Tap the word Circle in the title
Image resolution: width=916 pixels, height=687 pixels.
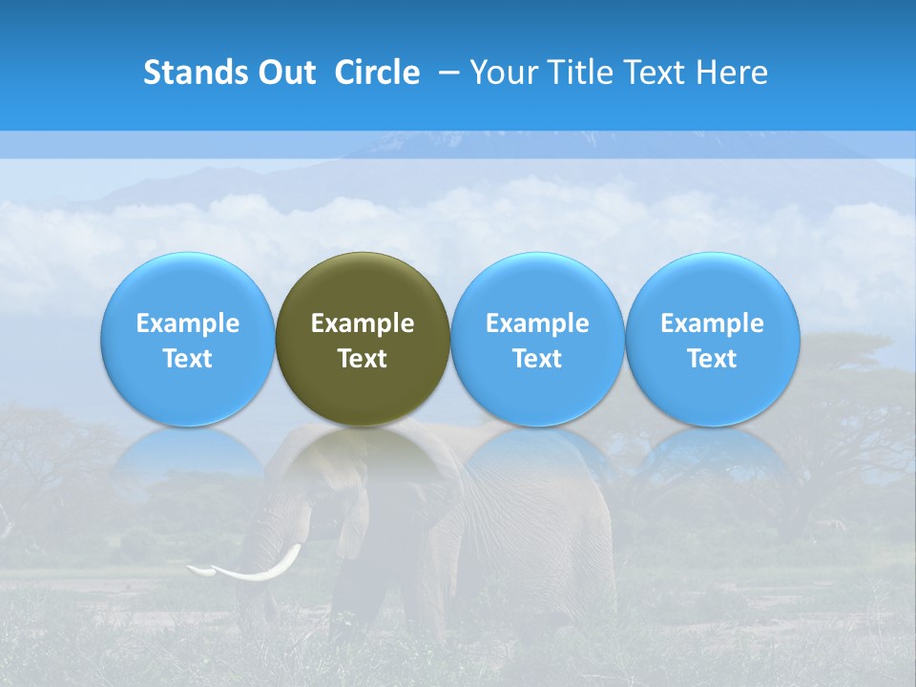377,73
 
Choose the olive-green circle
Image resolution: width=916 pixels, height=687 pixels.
363,339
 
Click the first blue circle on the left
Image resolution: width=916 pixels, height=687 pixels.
188,339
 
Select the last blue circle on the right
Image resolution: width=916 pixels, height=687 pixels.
713,339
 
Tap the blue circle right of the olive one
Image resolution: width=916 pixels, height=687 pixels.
537,339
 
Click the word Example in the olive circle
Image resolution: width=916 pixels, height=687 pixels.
363,323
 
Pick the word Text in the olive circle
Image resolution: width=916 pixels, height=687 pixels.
363,359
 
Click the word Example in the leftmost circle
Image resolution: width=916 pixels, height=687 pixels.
188,323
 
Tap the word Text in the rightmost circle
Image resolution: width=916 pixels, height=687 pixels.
713,359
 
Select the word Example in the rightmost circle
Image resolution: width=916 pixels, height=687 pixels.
713,323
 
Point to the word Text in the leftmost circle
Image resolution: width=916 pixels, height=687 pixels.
188,359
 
